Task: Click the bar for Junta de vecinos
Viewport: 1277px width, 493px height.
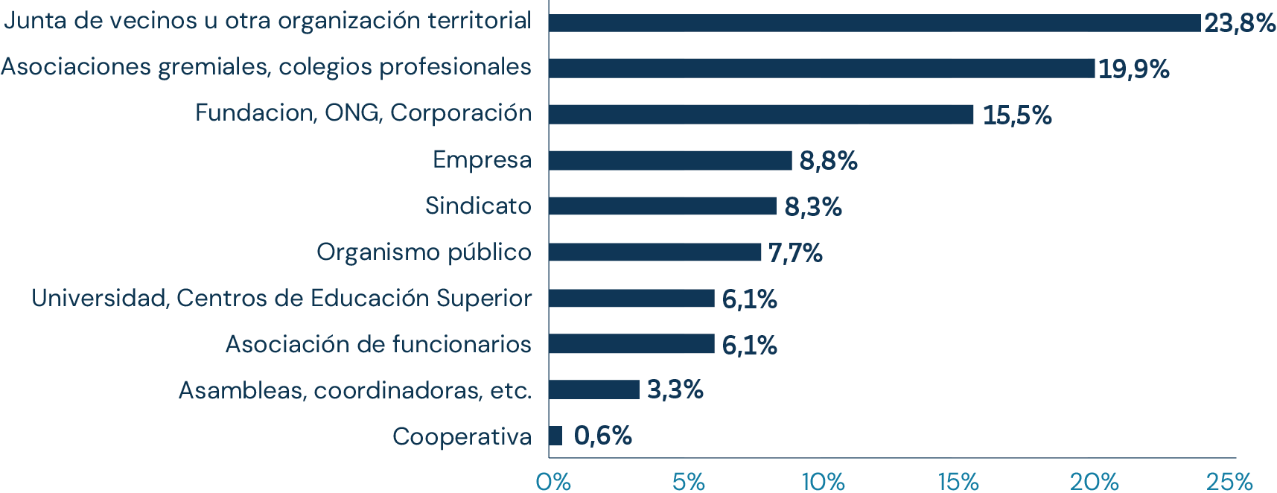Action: click(x=874, y=23)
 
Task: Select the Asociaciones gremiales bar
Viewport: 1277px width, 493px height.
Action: click(x=821, y=69)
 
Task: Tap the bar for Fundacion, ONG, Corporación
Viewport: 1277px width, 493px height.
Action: click(x=760, y=115)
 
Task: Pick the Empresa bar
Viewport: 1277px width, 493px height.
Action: click(x=670, y=160)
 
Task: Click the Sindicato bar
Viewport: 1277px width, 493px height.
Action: click(x=663, y=206)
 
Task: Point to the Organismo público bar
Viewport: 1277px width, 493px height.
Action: click(x=655, y=252)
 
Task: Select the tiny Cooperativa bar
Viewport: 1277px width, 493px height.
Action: click(x=555, y=436)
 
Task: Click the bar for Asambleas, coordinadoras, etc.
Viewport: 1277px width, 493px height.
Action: click(x=594, y=389)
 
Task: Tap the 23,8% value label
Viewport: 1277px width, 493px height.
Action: click(x=1240, y=23)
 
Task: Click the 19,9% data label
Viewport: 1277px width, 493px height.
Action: click(x=1134, y=69)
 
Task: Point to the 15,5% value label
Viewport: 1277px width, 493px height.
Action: click(x=1017, y=115)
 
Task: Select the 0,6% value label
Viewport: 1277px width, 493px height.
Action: click(x=603, y=436)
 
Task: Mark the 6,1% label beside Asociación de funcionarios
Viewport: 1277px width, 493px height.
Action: click(x=749, y=345)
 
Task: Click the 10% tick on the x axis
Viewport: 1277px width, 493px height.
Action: click(x=823, y=482)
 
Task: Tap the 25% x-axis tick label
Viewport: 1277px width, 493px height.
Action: click(x=1229, y=482)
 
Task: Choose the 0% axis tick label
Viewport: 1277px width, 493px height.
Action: click(x=553, y=482)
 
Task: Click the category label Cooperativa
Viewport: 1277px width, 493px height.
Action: click(x=462, y=436)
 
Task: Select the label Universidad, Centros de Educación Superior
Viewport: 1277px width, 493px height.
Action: click(x=281, y=298)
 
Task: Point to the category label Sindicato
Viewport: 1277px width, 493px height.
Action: click(x=478, y=206)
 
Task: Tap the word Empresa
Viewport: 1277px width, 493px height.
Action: click(x=482, y=159)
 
